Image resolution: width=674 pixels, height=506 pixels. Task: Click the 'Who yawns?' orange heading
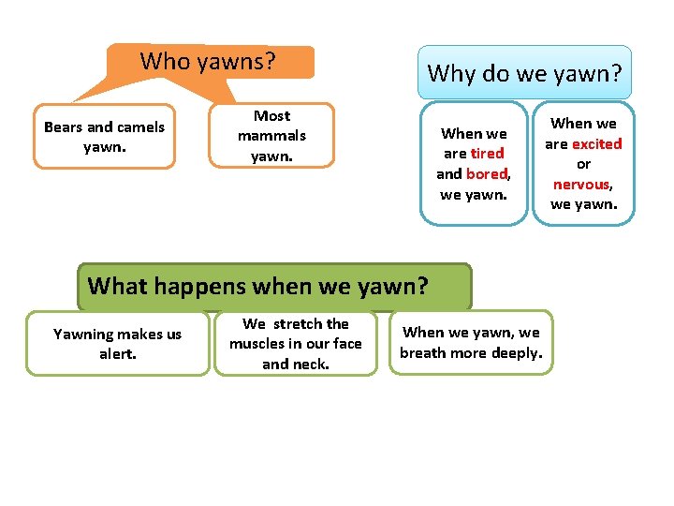[208, 62]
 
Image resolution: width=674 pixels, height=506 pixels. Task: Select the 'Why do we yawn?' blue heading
[524, 72]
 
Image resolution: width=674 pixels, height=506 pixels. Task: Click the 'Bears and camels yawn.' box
[104, 137]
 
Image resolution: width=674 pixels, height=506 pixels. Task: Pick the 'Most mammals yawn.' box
[271, 136]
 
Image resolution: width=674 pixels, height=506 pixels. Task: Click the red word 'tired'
[487, 153]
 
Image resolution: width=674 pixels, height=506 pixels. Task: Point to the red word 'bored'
[486, 173]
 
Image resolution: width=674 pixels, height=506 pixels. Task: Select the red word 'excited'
[596, 143]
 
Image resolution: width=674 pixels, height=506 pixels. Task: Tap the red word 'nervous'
[581, 185]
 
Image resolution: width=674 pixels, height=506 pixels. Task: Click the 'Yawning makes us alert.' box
[117, 344]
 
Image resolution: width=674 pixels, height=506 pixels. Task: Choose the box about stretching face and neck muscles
[295, 344]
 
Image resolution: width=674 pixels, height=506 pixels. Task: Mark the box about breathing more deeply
[470, 343]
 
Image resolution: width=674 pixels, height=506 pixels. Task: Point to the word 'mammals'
[271, 136]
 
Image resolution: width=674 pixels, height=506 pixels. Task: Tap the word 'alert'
[117, 354]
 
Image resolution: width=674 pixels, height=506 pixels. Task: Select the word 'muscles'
[256, 344]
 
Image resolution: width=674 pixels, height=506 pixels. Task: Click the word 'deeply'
[517, 353]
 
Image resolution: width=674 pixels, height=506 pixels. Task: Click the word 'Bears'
[64, 126]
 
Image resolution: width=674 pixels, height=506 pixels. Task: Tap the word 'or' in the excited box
[583, 164]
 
